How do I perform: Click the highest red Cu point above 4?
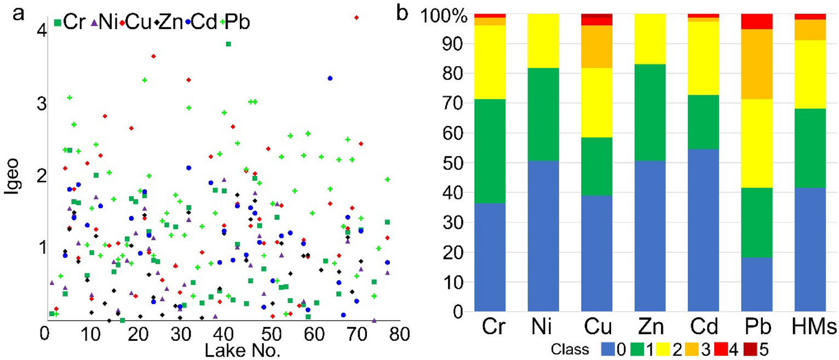point(357,18)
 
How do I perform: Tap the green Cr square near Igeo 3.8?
point(228,44)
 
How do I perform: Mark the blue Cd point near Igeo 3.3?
point(330,78)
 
